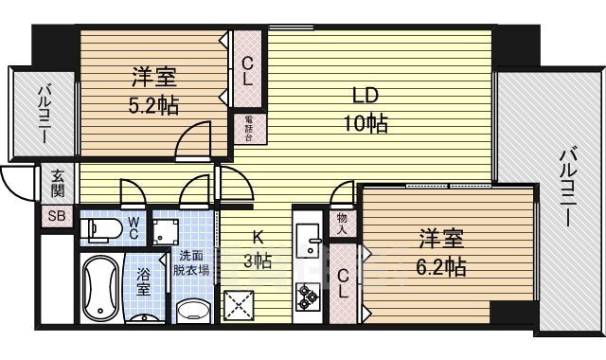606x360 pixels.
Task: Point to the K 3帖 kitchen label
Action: pyautogui.click(x=256, y=250)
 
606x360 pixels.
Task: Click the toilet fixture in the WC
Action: pyautogui.click(x=103, y=228)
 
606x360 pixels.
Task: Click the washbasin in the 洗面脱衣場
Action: pyautogui.click(x=193, y=310)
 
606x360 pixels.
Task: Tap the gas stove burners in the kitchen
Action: pyautogui.click(x=309, y=297)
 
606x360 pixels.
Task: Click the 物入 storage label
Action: pyautogui.click(x=342, y=224)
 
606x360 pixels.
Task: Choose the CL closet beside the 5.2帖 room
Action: pyautogui.click(x=246, y=71)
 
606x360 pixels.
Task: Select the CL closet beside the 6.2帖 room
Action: pyautogui.click(x=345, y=282)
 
